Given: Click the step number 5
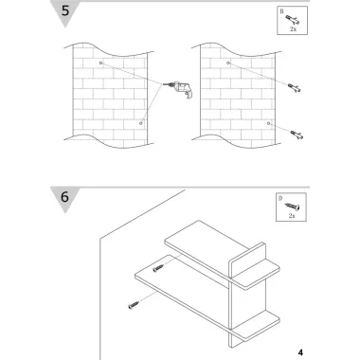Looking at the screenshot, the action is point(65,10).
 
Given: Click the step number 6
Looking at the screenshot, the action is point(64,197).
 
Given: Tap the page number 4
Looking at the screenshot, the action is point(300,352).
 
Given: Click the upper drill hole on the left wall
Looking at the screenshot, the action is point(100,63).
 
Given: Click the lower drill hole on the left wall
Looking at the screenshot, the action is point(141,123).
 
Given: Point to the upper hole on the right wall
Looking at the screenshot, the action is point(228,63).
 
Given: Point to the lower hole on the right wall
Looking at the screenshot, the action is point(268,123).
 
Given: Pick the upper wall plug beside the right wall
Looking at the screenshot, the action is point(294,88).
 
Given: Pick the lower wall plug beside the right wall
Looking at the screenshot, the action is point(297,135).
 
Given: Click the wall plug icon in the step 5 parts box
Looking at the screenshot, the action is point(293,20).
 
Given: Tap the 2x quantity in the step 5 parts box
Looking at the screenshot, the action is point(293,29).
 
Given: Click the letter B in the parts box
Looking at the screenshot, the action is point(281,11).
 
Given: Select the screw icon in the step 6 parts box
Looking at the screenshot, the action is point(292,207).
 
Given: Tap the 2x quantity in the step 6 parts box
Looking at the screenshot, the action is point(292,216).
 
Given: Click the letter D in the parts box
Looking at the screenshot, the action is point(280,198).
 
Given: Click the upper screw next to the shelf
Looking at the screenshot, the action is point(158,268).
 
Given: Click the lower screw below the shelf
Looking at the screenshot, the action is point(134,305).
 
